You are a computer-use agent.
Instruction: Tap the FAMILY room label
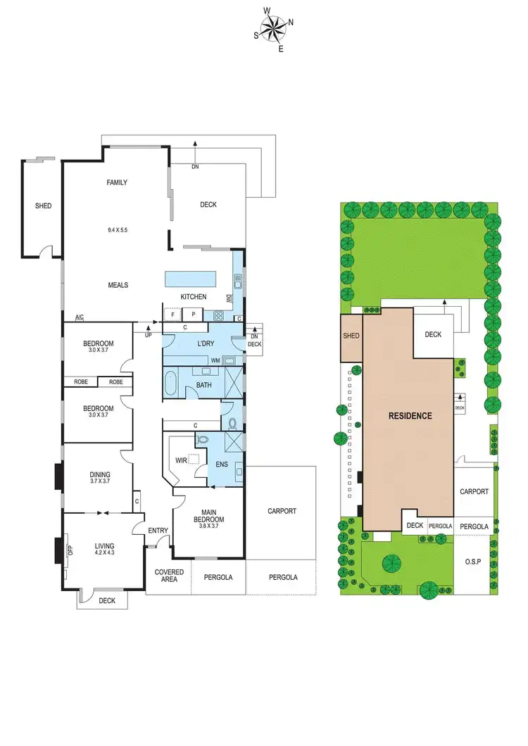117,183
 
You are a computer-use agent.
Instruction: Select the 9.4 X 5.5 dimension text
117,230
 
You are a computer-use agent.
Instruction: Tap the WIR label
181,461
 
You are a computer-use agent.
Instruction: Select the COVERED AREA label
169,576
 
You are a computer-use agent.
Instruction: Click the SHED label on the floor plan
44,206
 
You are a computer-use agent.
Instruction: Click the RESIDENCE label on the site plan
410,415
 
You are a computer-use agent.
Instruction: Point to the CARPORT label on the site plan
474,491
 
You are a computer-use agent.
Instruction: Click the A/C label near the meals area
79,317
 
